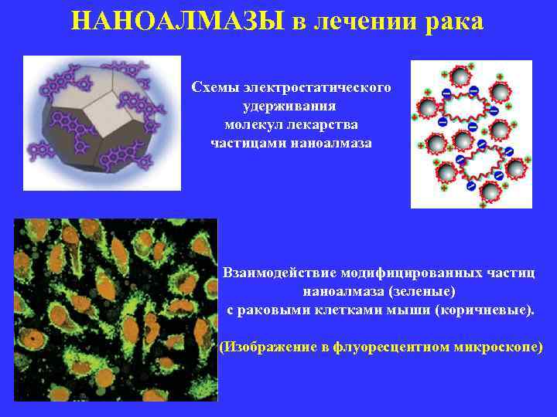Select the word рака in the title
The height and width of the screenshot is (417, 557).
(x=454, y=21)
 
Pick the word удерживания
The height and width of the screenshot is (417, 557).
(x=292, y=106)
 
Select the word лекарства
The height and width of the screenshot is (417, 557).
(x=323, y=124)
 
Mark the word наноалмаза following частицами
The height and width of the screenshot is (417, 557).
(x=326, y=143)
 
